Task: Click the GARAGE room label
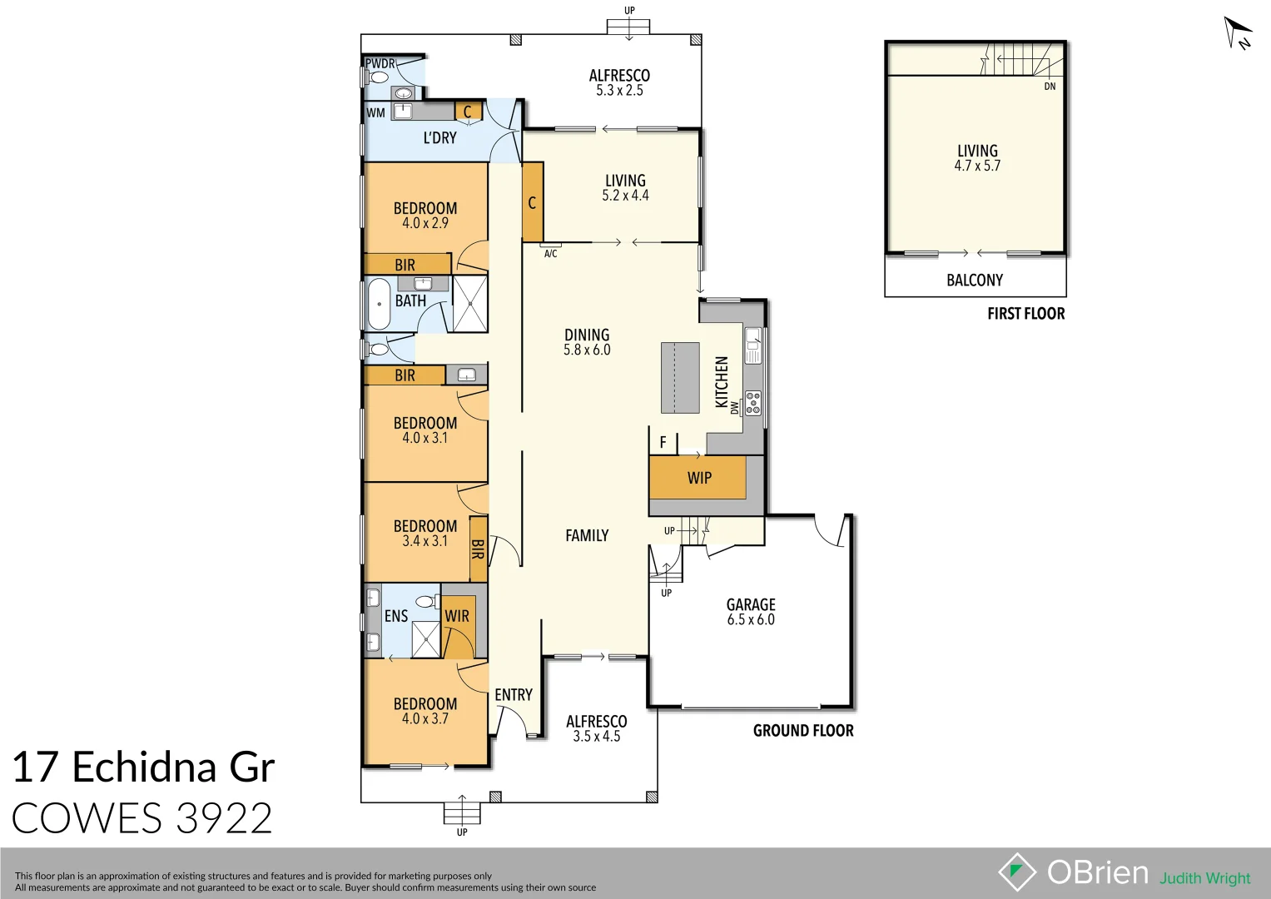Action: (750, 605)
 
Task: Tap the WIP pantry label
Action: (699, 478)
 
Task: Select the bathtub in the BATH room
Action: (379, 304)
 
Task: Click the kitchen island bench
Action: (680, 377)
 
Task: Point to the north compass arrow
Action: (1237, 33)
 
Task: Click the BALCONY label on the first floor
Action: (974, 281)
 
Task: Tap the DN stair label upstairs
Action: (1050, 87)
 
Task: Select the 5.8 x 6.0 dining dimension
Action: (587, 350)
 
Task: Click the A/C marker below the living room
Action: (550, 253)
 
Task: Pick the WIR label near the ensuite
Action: (456, 617)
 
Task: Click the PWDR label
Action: (380, 63)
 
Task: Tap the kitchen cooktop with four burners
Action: (752, 403)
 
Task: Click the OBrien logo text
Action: (1097, 872)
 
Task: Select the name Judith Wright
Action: (1204, 878)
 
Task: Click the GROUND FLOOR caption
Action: (803, 731)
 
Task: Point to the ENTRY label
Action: (513, 695)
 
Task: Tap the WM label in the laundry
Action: (376, 112)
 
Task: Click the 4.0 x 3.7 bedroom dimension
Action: (425, 719)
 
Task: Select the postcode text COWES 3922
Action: (142, 818)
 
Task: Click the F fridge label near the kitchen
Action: (663, 443)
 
